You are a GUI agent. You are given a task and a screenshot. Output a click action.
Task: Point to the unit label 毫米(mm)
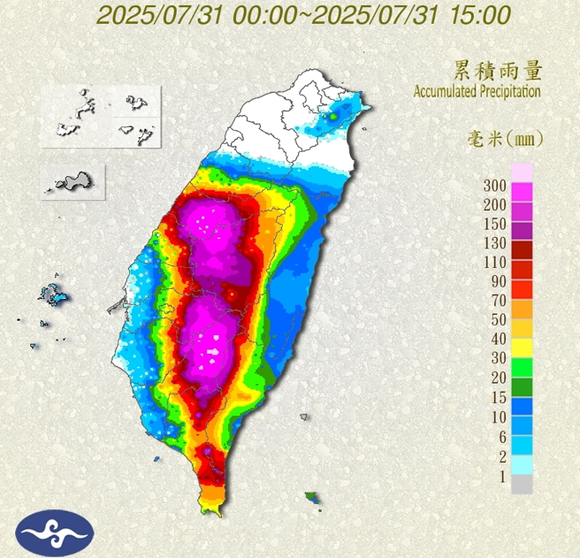click(504, 139)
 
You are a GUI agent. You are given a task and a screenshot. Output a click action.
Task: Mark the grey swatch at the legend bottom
click(523, 484)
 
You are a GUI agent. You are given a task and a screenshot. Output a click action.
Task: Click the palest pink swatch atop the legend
click(523, 172)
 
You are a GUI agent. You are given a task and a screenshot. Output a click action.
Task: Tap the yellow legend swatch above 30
click(523, 345)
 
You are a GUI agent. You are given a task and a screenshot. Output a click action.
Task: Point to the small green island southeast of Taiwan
click(311, 499)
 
